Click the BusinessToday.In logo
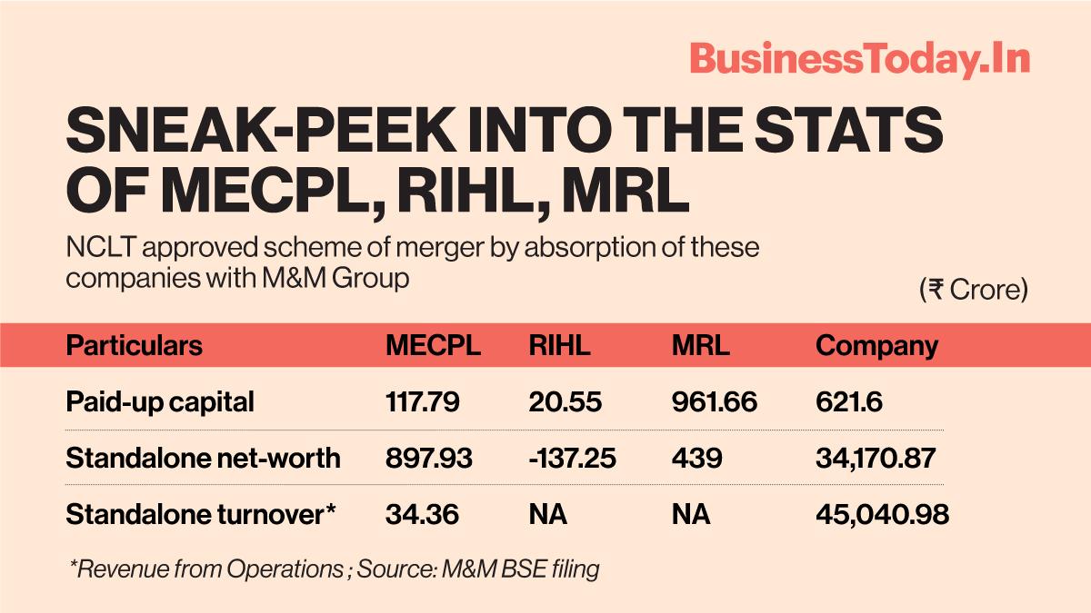(x=859, y=59)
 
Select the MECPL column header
(x=433, y=346)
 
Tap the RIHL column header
(x=559, y=346)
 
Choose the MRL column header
(x=700, y=346)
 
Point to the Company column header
(x=876, y=346)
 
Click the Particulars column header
(x=135, y=346)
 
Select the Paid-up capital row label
(x=160, y=401)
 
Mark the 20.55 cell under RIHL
(x=565, y=401)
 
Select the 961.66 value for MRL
(x=715, y=401)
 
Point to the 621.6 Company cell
(x=849, y=401)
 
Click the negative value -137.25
(x=572, y=458)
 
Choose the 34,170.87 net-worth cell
(x=876, y=458)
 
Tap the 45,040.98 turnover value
(x=882, y=514)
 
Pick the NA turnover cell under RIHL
(x=547, y=514)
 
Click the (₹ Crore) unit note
(x=973, y=290)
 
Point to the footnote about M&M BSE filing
(x=334, y=569)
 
